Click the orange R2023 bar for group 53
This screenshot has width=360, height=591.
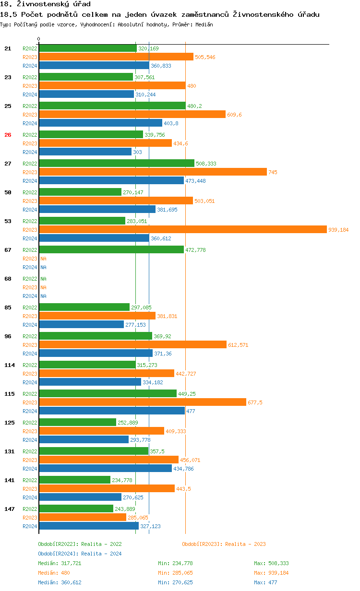pyautogui.click(x=182, y=230)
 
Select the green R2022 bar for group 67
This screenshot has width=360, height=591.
pyautogui.click(x=111, y=250)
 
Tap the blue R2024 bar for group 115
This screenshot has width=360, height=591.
pyautogui.click(x=111, y=411)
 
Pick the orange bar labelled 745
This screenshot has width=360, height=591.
pyautogui.click(x=153, y=172)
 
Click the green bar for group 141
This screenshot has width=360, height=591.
pyautogui.click(x=74, y=480)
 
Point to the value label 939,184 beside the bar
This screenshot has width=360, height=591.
pyautogui.click(x=338, y=230)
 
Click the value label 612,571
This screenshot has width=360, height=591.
pyautogui.click(x=238, y=345)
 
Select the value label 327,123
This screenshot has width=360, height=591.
pyautogui.click(x=150, y=526)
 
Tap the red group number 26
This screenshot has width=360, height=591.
pyautogui.click(x=8, y=135)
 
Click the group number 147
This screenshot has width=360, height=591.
pyautogui.click(x=10, y=509)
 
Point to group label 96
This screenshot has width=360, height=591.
pyautogui.click(x=8, y=336)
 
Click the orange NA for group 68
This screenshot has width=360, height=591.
pyautogui.click(x=43, y=287)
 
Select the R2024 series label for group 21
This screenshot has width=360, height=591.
pyautogui.click(x=30, y=66)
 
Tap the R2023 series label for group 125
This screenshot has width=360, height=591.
pyautogui.click(x=30, y=431)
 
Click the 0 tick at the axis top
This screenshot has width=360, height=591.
pyautogui.click(x=39, y=39)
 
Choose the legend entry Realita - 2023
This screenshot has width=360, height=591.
pyautogui.click(x=224, y=544)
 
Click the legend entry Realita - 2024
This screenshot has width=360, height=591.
pyautogui.click(x=80, y=554)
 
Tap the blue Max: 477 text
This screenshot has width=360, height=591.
pyautogui.click(x=265, y=582)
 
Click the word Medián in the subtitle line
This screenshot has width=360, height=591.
pyautogui.click(x=204, y=24)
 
